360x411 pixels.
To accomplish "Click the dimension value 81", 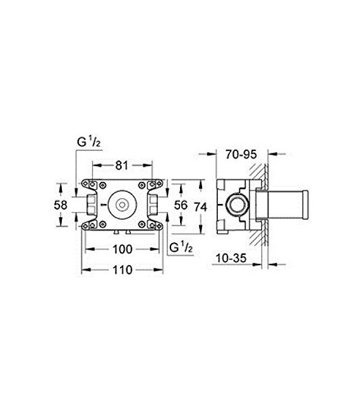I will (122, 165).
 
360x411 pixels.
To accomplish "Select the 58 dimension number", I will (60, 205).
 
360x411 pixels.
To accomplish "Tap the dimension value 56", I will (181, 205).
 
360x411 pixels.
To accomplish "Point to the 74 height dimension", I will (201, 206).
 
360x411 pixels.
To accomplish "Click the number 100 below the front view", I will (122, 249).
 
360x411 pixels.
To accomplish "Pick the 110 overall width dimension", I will (122, 270).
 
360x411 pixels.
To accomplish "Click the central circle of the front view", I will (122, 205).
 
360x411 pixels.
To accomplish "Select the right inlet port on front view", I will (153, 205).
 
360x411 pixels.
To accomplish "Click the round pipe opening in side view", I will (238, 206).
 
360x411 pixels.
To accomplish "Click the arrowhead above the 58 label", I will (61, 186).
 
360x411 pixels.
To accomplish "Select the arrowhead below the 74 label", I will (201, 228).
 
